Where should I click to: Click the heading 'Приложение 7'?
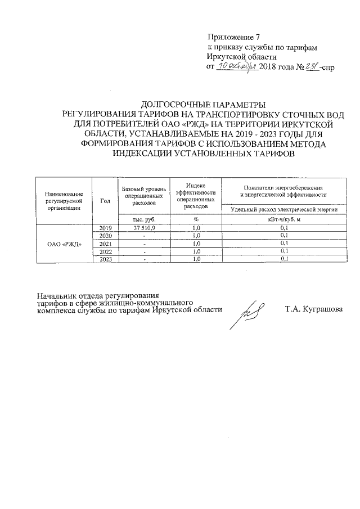point(231,37)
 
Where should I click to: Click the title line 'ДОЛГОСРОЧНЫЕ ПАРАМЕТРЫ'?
point(202,104)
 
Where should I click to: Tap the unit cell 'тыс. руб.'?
point(143,219)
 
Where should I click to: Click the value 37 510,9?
point(143,228)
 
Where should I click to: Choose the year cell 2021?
point(105,244)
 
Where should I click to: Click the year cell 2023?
point(105,259)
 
